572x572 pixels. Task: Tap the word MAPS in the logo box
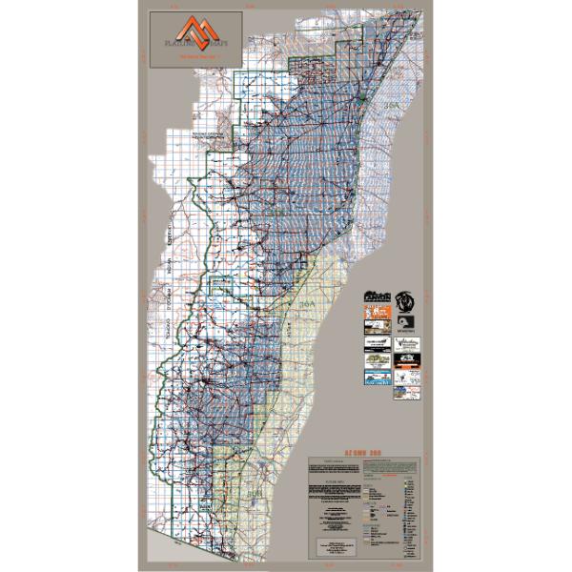click(217, 44)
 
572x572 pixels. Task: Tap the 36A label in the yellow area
click(305, 303)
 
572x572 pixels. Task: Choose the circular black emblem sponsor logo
click(406, 299)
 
